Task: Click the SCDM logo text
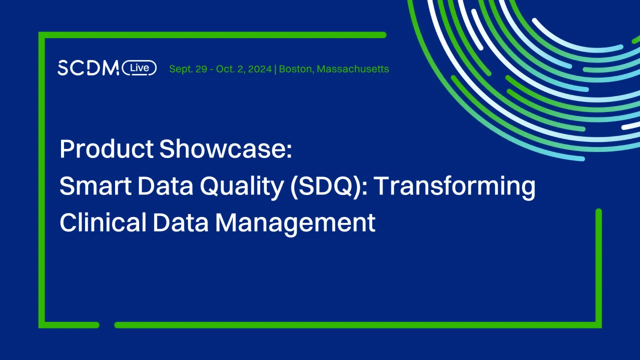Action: (88, 68)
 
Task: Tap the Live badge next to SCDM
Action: (139, 68)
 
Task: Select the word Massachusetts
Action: (353, 69)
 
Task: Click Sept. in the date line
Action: (181, 69)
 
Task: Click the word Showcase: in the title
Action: (226, 149)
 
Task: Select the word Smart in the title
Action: (92, 186)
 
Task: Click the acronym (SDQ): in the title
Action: (334, 186)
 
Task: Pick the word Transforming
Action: (455, 186)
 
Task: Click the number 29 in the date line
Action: (201, 69)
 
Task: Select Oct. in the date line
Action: (226, 69)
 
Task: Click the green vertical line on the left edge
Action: (42, 180)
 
